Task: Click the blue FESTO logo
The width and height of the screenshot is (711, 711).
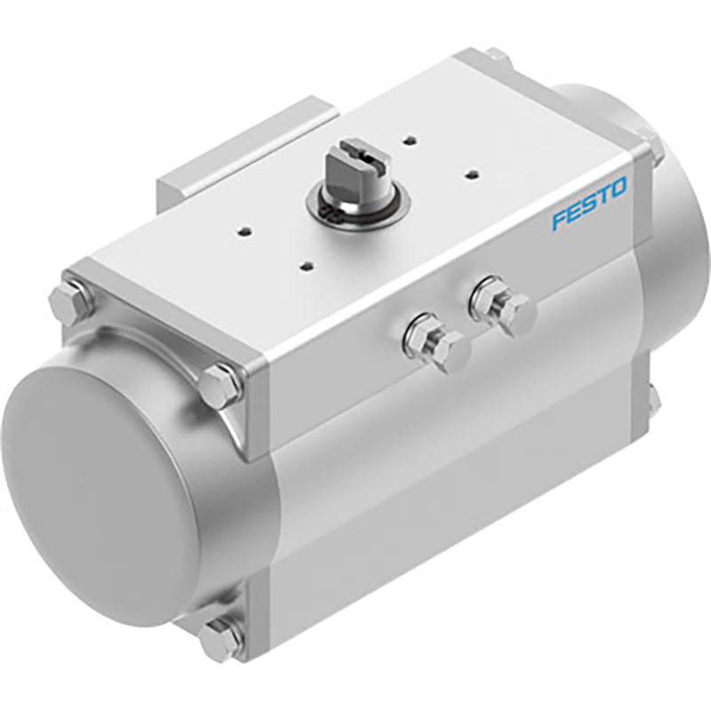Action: (588, 204)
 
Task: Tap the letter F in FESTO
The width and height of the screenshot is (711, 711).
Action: (558, 219)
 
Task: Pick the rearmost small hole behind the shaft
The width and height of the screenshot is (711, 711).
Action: (409, 139)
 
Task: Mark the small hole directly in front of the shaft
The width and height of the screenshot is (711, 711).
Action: (307, 265)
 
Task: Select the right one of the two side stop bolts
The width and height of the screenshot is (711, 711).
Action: (505, 306)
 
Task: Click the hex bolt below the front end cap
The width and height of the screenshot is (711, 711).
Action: (220, 637)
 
